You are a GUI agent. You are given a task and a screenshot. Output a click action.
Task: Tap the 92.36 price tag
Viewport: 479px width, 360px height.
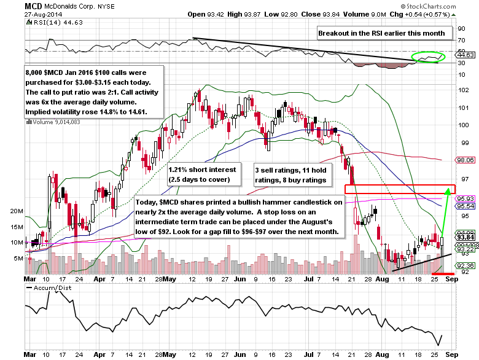pos(464,265)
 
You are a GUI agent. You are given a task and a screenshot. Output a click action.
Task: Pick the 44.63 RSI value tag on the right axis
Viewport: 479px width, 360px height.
pos(464,54)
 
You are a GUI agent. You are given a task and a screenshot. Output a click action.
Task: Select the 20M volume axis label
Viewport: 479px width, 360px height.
pos(17,211)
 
